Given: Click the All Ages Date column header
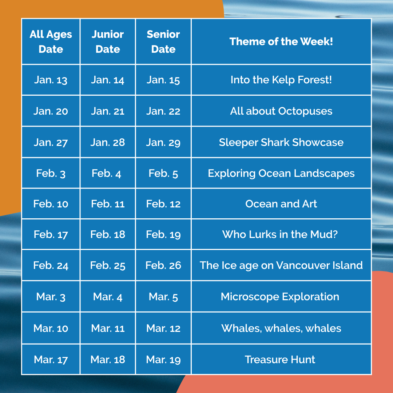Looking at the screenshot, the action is [x=51, y=41].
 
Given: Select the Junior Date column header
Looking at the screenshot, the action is [x=108, y=41].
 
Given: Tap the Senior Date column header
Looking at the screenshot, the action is [x=163, y=41].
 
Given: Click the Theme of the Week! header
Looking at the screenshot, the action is [x=281, y=41].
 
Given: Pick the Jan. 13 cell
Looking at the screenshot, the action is [x=51, y=80].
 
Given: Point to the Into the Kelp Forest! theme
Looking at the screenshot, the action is [x=281, y=80].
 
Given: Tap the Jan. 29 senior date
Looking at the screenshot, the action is [x=163, y=143].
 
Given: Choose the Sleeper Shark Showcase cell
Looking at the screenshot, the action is [x=281, y=142].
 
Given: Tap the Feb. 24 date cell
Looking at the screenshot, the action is [x=51, y=265].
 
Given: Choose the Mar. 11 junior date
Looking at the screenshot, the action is [x=108, y=328].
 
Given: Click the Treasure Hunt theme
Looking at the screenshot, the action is [x=280, y=360].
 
